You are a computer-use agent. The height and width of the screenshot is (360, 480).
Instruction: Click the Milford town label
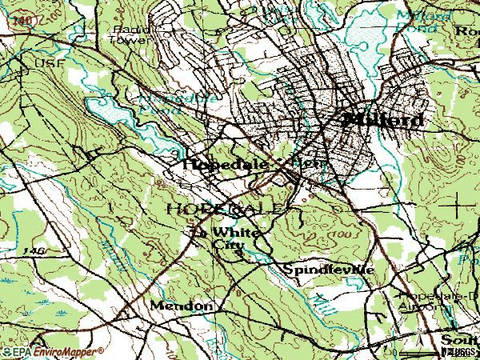coord(383,120)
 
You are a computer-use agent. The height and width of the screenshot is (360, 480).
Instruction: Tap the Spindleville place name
coord(329,270)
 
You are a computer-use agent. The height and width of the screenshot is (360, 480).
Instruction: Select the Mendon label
coord(182,306)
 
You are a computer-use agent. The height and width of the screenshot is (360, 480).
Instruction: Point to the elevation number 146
coord(34,251)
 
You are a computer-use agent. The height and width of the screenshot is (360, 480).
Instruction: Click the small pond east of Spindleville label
coord(472,260)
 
